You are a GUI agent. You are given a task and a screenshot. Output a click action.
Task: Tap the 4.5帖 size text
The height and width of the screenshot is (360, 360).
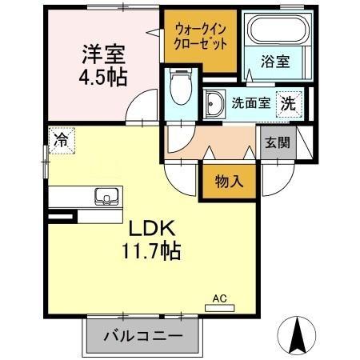coord(102,78)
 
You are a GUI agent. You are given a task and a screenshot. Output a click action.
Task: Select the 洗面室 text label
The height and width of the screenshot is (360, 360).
coord(249,102)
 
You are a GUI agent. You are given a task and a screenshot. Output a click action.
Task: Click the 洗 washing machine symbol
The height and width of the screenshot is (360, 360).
coord(287,102)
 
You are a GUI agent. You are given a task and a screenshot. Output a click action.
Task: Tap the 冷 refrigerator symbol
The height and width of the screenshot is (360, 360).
coord(61,138)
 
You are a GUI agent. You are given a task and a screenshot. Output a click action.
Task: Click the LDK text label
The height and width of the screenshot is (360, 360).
coord(149,227)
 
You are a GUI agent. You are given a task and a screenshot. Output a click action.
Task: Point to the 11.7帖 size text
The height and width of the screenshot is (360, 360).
coord(150,250)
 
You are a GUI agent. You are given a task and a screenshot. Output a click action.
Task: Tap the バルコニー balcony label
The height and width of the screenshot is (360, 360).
coord(140,335)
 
